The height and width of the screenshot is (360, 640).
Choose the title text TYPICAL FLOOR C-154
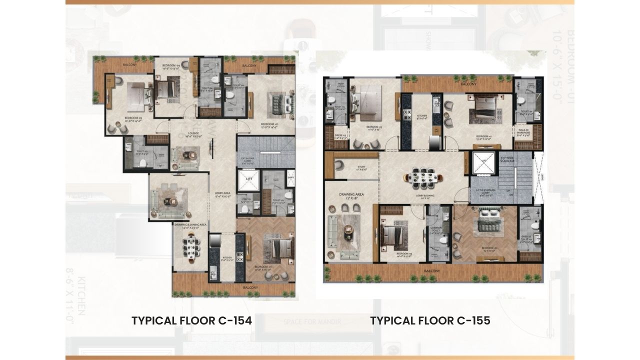[x=191, y=320]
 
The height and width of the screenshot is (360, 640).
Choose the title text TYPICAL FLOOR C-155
[x=430, y=320]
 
